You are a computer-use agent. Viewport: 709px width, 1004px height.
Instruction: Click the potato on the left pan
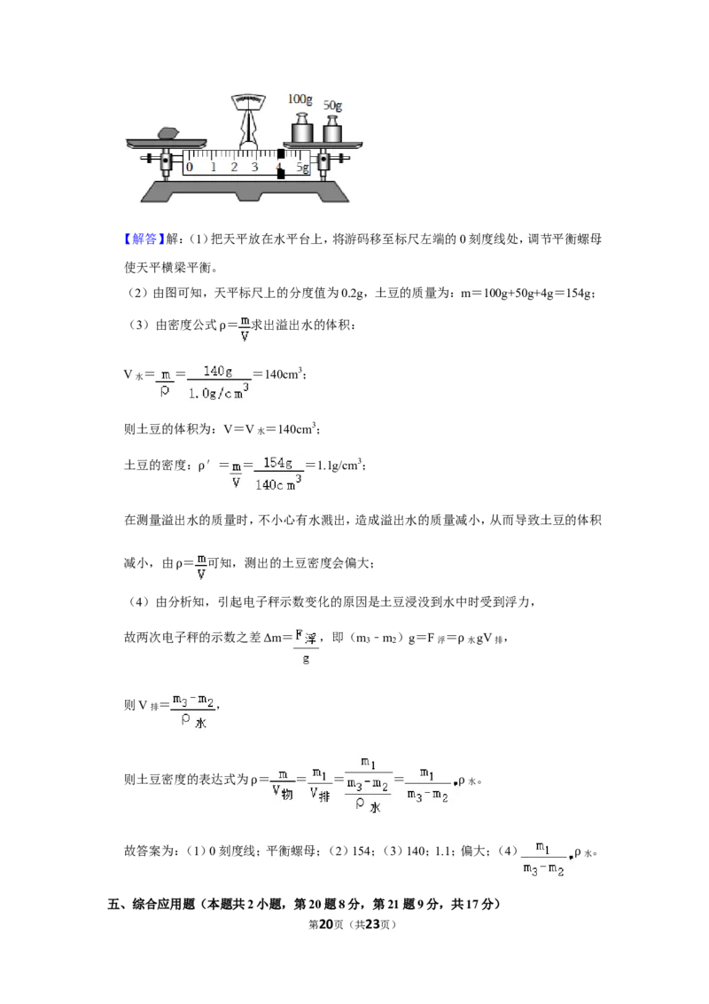[x=168, y=133]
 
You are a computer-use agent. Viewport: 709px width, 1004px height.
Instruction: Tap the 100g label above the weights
[x=300, y=99]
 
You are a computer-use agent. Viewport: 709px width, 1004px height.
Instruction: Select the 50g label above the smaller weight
[x=332, y=105]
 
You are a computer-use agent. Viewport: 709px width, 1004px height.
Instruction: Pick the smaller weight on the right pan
[x=332, y=130]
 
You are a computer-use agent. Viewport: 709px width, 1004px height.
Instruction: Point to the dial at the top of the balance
[x=248, y=100]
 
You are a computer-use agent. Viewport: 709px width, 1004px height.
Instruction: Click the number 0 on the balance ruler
[x=190, y=167]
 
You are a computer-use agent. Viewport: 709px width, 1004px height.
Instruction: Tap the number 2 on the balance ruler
[x=234, y=167]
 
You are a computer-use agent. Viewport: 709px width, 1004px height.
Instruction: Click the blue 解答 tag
[x=141, y=239]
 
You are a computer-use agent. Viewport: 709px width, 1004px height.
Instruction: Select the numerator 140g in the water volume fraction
[x=217, y=372]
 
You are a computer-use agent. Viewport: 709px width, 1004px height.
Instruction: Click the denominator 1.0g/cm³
[x=218, y=392]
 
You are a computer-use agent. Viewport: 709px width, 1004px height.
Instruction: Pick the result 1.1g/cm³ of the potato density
[x=339, y=466]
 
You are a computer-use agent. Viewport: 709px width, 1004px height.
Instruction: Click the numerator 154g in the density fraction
[x=277, y=463]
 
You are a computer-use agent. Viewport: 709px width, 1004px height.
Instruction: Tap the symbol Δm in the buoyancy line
[x=273, y=638]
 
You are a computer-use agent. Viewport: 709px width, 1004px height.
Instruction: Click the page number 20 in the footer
[x=326, y=924]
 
